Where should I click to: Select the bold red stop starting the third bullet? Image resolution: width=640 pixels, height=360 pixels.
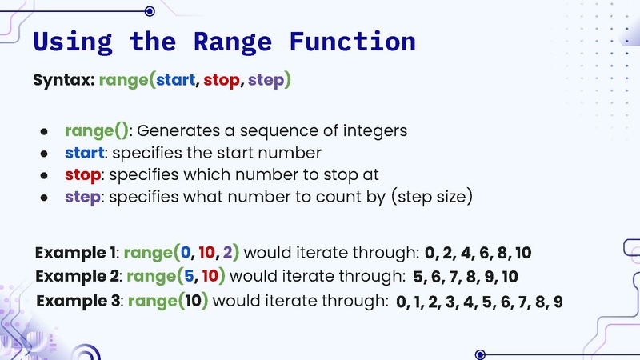tap(83, 174)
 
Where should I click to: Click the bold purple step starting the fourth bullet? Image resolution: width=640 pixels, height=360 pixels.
tap(83, 196)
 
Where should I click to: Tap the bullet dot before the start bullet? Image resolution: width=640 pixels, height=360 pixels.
tap(45, 153)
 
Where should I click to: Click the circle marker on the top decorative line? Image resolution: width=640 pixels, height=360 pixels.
tap(149, 10)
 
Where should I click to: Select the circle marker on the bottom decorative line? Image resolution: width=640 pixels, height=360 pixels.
tap(480, 354)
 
